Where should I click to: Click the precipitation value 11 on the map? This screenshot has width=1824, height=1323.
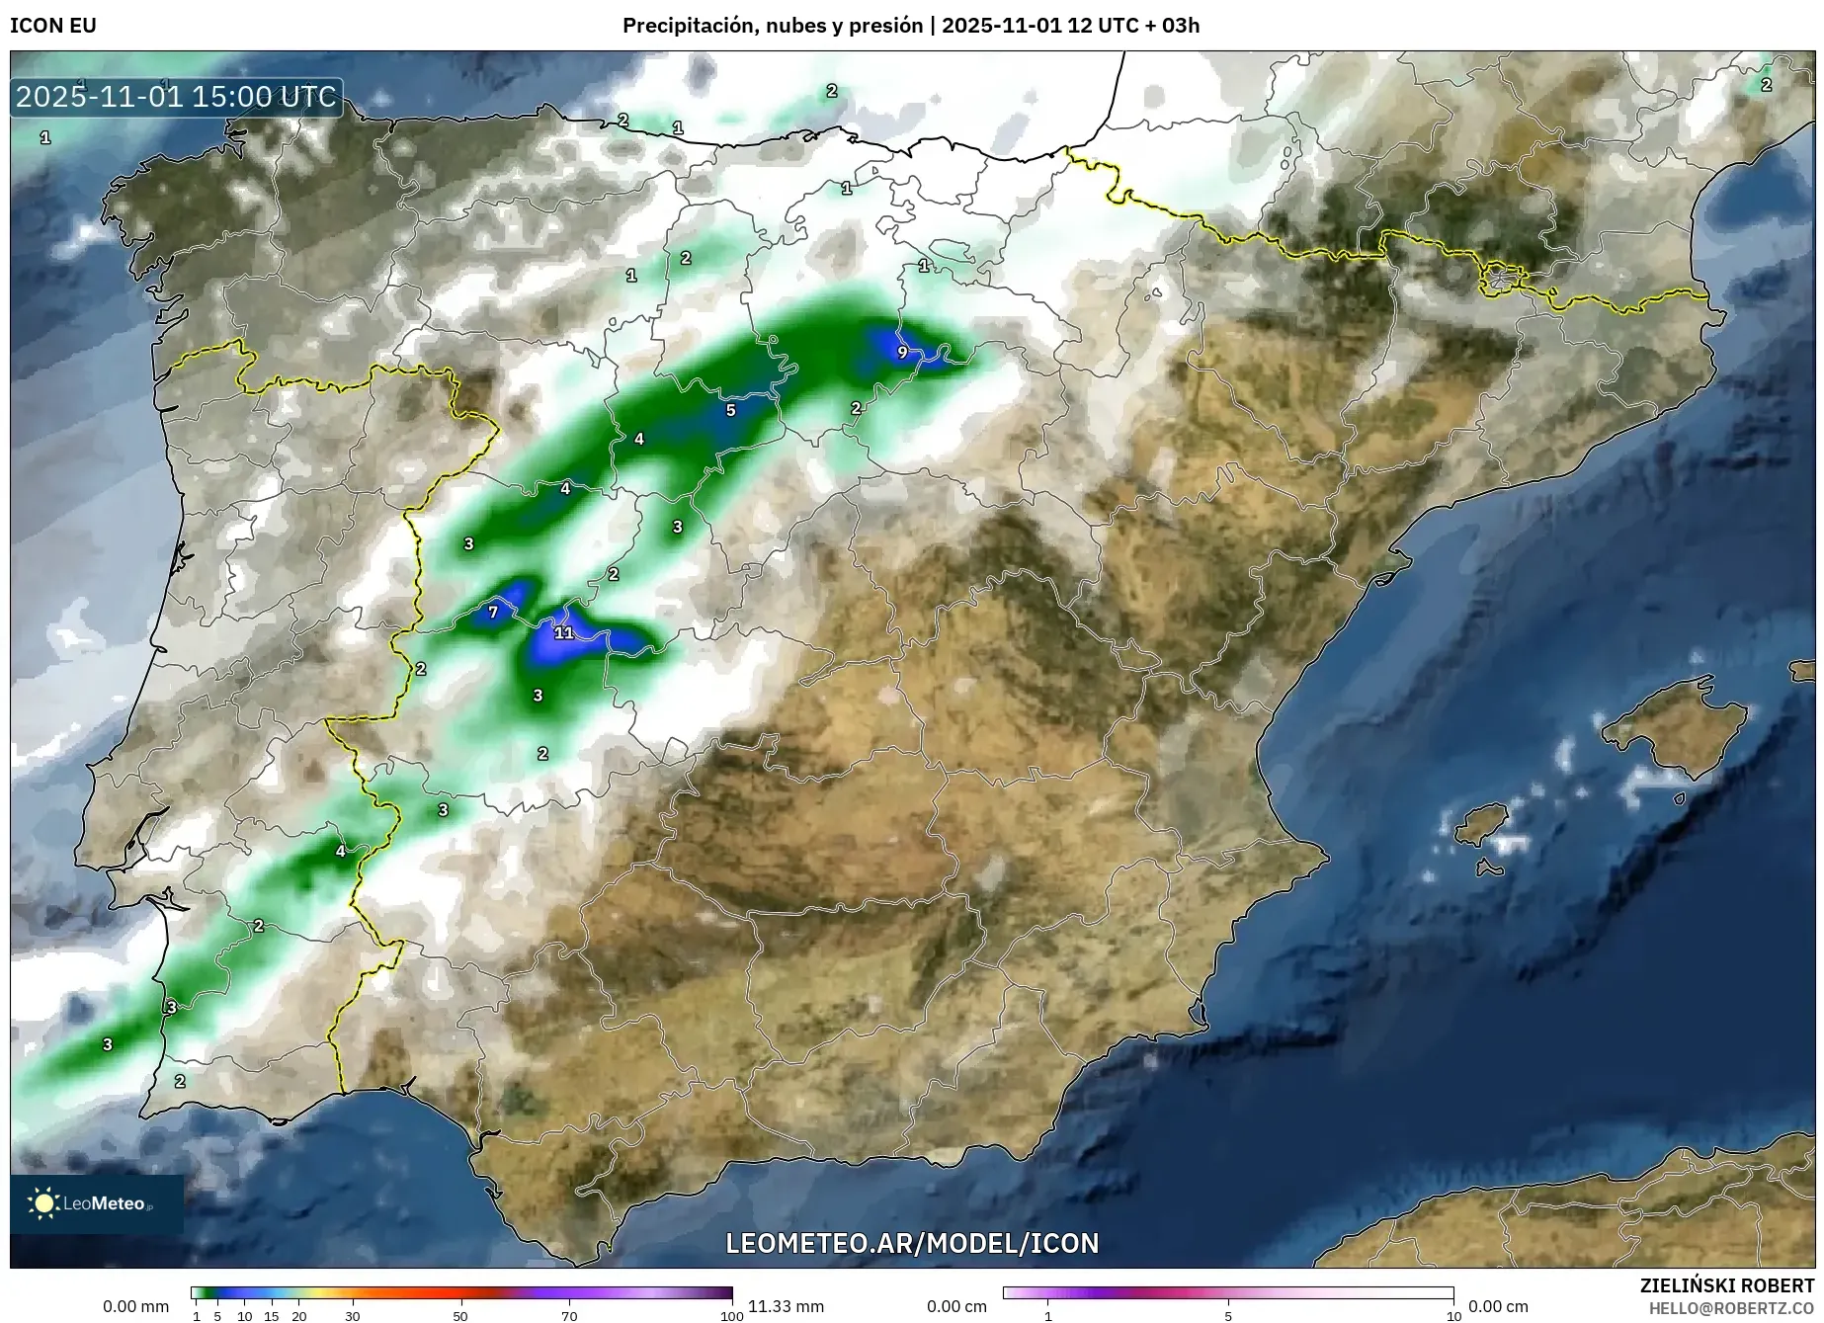[563, 632]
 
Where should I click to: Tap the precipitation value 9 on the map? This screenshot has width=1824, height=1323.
[902, 352]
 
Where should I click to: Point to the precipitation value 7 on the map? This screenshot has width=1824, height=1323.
[493, 613]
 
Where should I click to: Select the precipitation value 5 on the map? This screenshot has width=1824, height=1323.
[731, 410]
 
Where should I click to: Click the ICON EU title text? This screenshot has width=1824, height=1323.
[53, 26]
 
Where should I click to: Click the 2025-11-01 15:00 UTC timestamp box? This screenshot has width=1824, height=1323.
[176, 97]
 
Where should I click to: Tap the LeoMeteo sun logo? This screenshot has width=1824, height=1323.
[44, 1202]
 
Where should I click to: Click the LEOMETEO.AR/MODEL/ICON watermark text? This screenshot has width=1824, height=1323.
[912, 1243]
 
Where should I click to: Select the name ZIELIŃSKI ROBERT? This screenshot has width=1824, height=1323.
[1727, 1285]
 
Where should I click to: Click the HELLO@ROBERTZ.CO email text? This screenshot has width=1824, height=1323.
[1731, 1307]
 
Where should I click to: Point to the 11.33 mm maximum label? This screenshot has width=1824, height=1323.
[786, 1306]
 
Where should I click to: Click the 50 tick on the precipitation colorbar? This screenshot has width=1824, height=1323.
[460, 1316]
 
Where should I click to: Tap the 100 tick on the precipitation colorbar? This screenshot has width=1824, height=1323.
[731, 1316]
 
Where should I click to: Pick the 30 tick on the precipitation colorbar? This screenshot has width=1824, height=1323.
[353, 1316]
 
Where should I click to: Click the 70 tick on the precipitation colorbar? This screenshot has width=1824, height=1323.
[569, 1316]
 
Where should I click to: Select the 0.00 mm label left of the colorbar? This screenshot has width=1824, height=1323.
[135, 1306]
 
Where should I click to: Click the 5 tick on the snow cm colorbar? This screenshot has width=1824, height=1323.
[1228, 1316]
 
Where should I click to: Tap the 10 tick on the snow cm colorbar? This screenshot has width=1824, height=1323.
[1453, 1316]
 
